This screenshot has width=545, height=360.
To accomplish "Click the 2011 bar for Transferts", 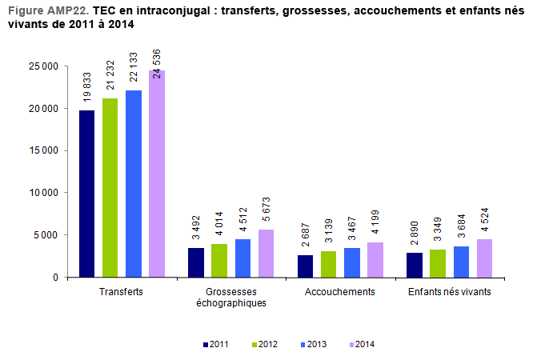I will point(86,194).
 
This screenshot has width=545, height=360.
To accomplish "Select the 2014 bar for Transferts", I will point(156,174).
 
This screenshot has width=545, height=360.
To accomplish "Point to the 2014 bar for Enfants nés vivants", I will point(484,258).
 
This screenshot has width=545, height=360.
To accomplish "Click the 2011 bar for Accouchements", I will point(306,266).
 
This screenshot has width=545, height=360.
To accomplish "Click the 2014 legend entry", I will point(362,344).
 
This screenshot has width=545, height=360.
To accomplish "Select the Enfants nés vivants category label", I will point(450,292).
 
